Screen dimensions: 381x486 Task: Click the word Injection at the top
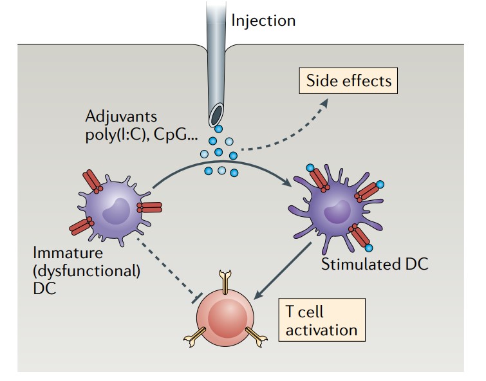263,21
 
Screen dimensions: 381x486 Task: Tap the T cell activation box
321,321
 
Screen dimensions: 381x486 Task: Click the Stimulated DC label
374,264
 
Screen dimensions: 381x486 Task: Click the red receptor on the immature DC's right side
149,207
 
